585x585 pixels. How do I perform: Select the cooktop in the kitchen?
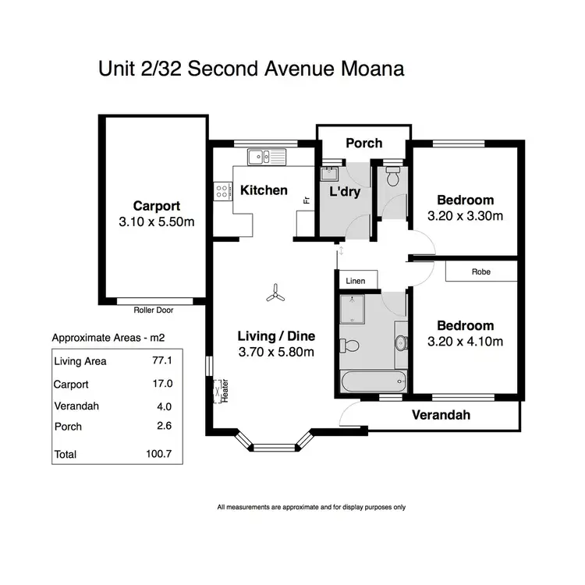(222, 189)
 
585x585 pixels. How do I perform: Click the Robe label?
(480, 272)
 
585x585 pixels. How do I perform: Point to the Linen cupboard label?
(356, 280)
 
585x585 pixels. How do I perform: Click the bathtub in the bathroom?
(374, 381)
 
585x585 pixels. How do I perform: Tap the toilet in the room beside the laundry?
(392, 175)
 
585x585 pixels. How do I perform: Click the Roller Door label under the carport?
(153, 310)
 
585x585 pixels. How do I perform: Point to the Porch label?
(363, 143)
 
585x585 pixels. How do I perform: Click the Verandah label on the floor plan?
(442, 415)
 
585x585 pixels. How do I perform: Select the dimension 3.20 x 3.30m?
(465, 216)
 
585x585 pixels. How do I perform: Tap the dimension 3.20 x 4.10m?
(465, 342)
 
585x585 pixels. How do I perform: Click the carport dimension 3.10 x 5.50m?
(156, 222)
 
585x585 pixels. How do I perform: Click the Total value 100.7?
(158, 453)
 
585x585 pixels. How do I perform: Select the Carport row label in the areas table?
(71, 385)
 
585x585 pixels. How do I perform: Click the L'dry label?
(344, 191)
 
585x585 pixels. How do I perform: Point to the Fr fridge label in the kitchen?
(306, 200)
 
